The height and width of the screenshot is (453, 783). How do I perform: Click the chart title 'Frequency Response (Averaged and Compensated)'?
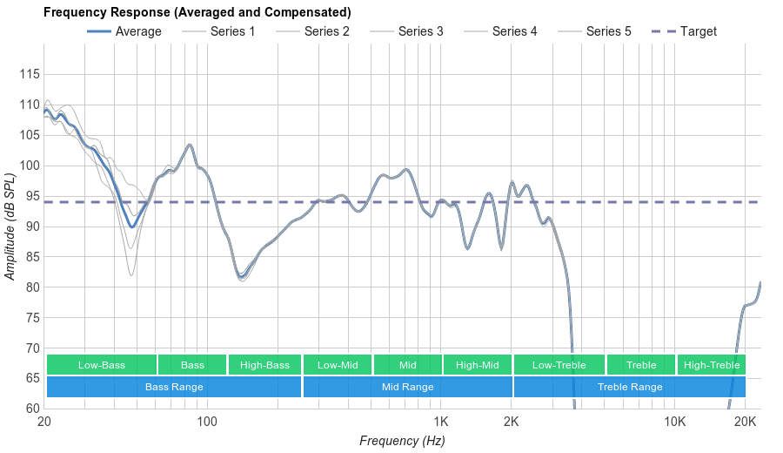(x=197, y=13)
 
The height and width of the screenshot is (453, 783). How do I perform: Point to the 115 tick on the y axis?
(x=30, y=75)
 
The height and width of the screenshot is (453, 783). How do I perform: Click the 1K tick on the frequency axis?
(x=440, y=423)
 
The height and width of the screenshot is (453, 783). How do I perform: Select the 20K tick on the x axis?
(x=745, y=423)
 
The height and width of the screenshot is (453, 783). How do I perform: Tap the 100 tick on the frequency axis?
(x=206, y=423)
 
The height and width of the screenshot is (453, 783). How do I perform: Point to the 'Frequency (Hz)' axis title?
(x=402, y=441)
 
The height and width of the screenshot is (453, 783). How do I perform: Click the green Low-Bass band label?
(x=102, y=365)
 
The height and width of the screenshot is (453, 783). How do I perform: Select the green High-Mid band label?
(x=478, y=365)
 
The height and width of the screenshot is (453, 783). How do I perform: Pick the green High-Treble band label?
(x=711, y=365)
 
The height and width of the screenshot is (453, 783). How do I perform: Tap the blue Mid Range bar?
(x=407, y=387)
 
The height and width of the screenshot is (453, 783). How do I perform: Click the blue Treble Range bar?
(x=630, y=387)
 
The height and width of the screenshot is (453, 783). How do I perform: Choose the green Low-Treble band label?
(x=559, y=365)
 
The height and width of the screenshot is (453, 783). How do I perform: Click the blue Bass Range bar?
(x=174, y=387)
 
